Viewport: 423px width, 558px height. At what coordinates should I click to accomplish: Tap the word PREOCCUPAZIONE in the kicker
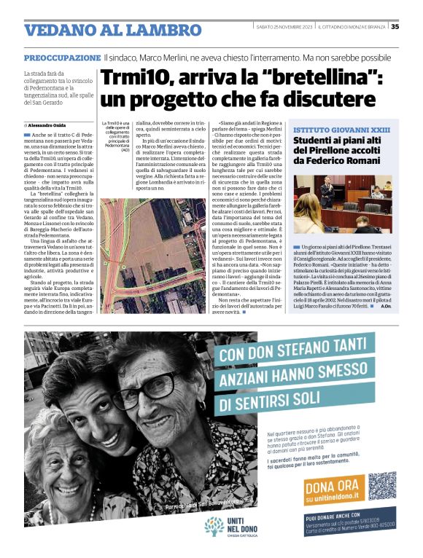click(x=62, y=57)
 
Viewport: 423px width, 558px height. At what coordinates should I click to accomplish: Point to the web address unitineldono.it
click(x=332, y=499)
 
